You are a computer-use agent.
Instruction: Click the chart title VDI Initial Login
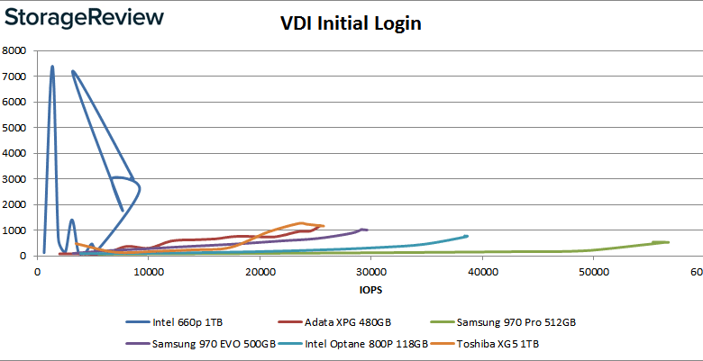click(350, 24)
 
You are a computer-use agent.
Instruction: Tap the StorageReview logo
click(83, 17)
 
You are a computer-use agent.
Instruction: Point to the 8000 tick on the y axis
click(16, 51)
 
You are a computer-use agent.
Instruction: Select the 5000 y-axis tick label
click(16, 128)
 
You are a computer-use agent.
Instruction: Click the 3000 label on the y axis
click(16, 179)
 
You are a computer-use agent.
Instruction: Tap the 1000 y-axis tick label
click(16, 230)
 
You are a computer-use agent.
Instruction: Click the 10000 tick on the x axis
click(148, 272)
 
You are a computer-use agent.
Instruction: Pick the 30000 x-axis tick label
click(370, 272)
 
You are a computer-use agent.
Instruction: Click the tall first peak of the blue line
click(52, 66)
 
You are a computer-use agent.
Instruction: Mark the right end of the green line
click(667, 242)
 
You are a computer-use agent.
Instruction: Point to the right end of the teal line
click(466, 236)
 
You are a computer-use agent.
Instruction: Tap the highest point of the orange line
click(301, 222)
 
